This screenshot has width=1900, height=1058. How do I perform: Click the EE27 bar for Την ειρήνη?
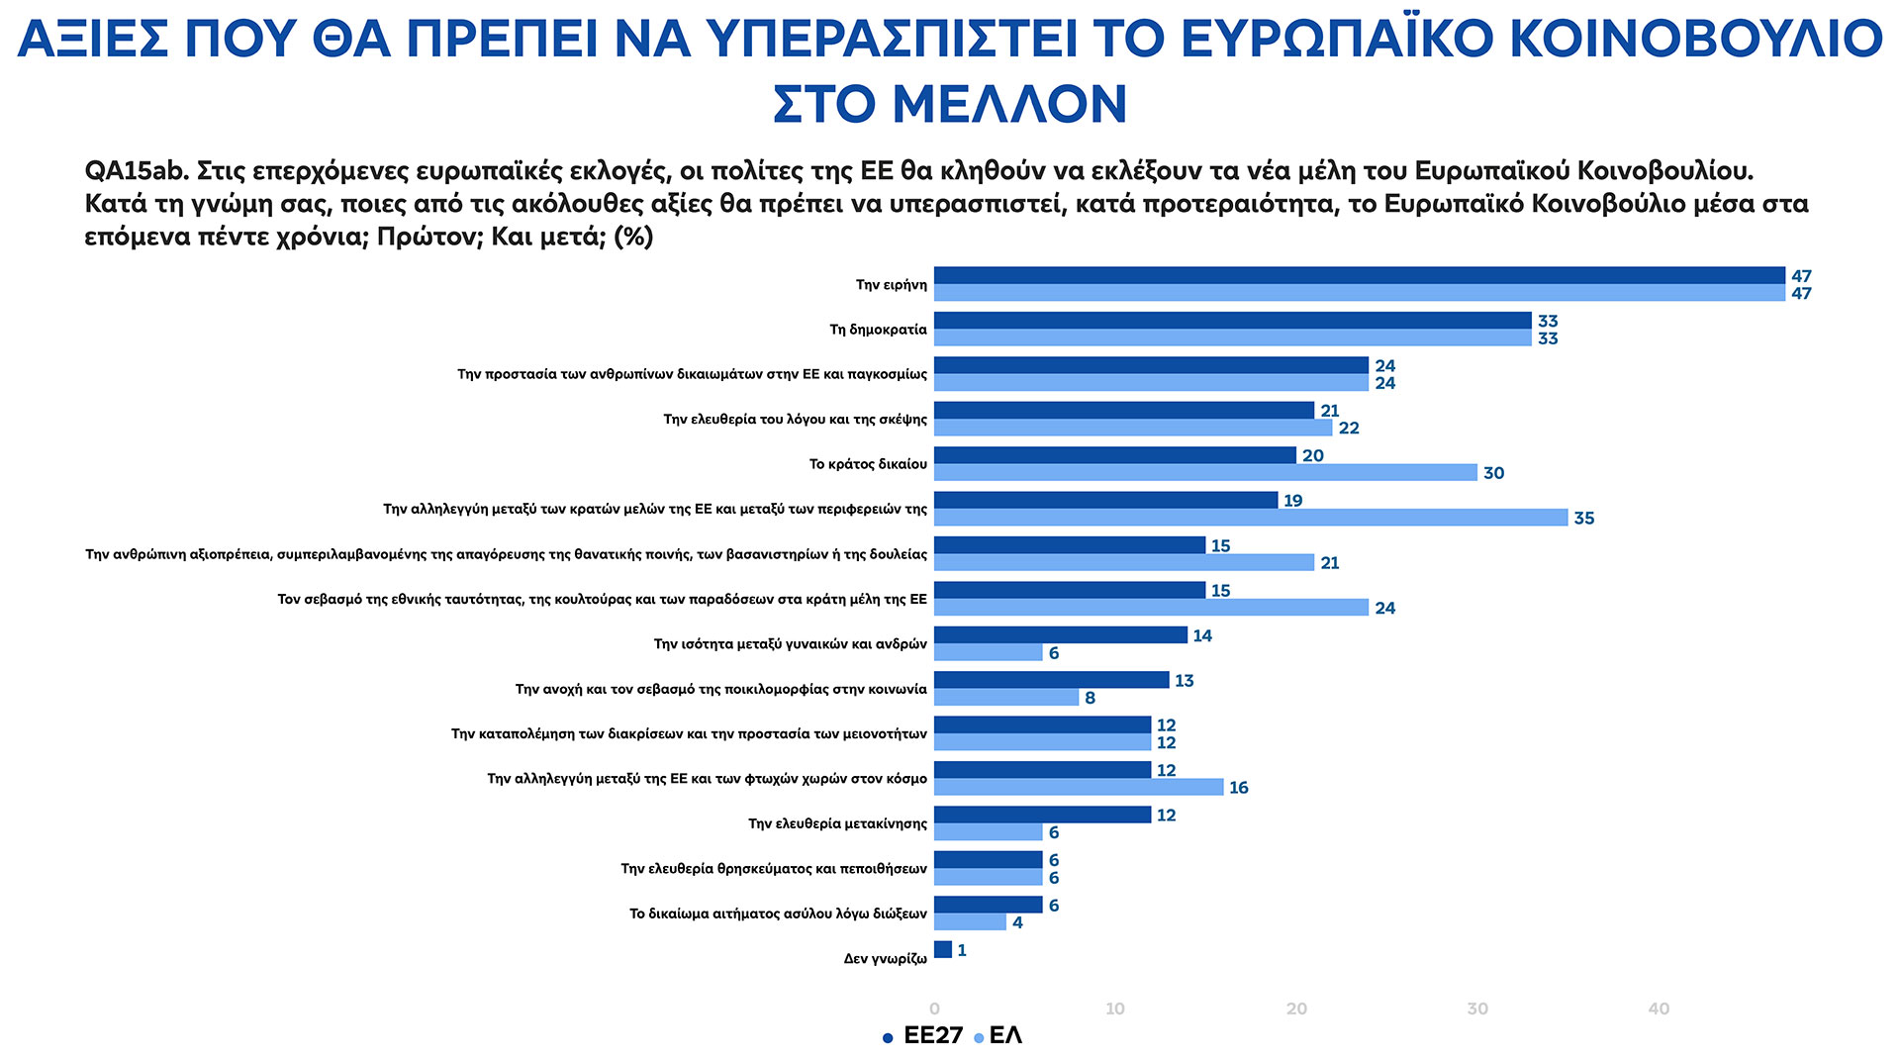click(x=1359, y=275)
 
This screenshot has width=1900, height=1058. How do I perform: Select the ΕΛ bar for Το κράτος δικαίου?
click(x=1205, y=473)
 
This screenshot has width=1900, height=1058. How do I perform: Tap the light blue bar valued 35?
click(x=1251, y=518)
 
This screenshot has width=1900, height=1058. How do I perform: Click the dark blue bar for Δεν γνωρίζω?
click(x=943, y=950)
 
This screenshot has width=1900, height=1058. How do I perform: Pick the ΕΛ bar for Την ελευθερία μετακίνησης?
click(x=989, y=832)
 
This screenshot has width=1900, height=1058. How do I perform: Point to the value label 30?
click(x=1493, y=473)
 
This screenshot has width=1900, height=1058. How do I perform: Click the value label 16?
click(x=1239, y=788)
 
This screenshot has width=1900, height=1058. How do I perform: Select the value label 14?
click(x=1202, y=635)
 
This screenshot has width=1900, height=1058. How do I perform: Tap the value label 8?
click(x=1090, y=698)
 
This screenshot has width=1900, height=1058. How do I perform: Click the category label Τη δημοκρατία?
click(x=878, y=330)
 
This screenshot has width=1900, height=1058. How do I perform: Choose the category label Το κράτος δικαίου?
click(x=868, y=464)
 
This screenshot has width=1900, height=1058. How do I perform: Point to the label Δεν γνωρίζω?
click(x=885, y=959)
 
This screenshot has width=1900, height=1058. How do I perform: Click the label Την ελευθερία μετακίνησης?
click(x=837, y=823)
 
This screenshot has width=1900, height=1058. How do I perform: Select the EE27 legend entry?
click(x=922, y=1036)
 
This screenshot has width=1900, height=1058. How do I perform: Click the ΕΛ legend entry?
click(x=998, y=1036)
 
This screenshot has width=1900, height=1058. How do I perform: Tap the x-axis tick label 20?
click(x=1296, y=1010)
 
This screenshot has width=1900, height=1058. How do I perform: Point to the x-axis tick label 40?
click(x=1659, y=1010)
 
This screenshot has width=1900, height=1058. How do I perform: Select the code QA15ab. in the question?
click(x=137, y=171)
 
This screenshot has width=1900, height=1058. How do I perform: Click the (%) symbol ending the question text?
click(x=633, y=238)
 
